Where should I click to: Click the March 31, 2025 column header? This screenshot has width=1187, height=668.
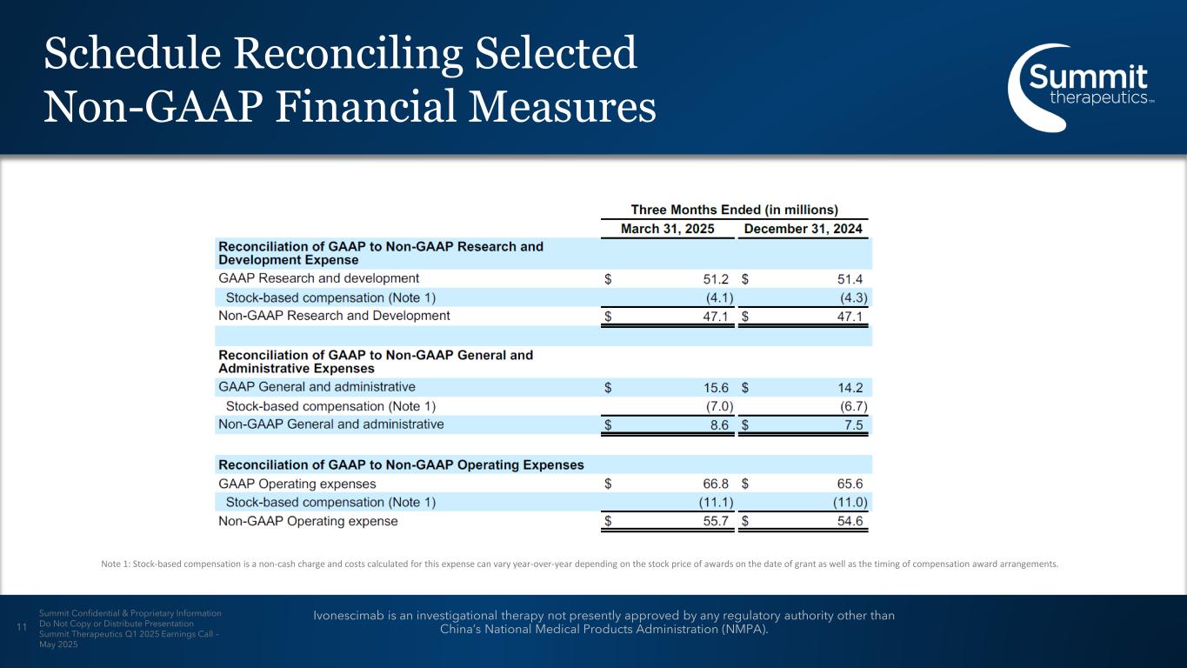[667, 229]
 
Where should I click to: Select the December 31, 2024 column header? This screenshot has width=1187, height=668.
[804, 229]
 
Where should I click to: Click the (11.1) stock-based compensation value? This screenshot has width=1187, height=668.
[717, 503]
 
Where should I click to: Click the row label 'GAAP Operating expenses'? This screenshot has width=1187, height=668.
[297, 484]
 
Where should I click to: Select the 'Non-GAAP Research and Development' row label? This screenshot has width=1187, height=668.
[334, 316]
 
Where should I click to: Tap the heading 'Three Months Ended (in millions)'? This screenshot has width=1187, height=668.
[734, 210]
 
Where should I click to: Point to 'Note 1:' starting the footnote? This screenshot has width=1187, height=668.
[115, 564]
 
